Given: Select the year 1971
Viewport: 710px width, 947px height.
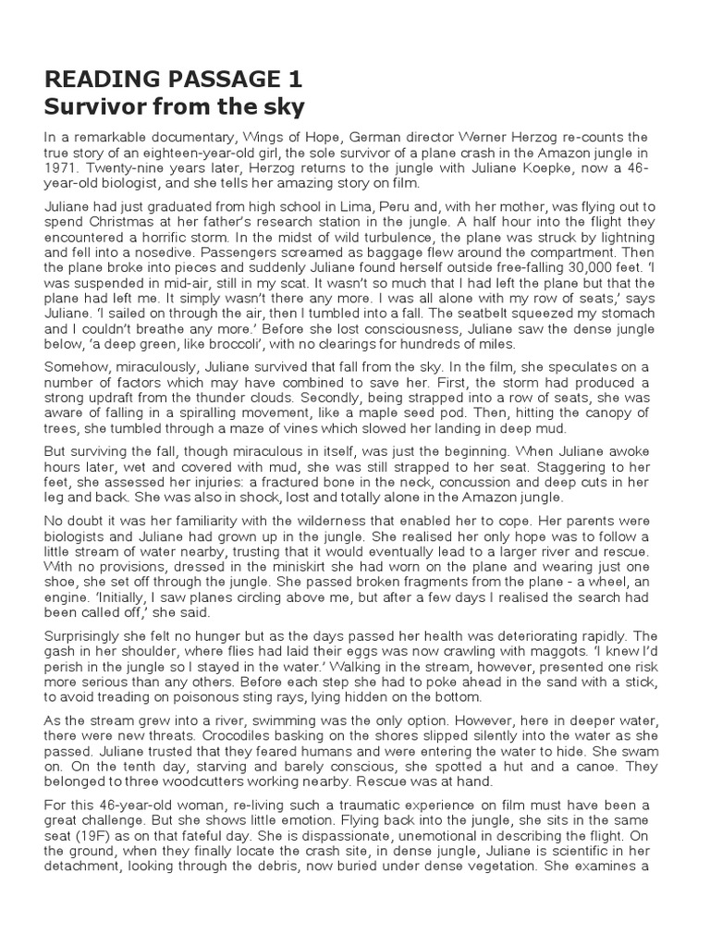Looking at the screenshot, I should [63, 170].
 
